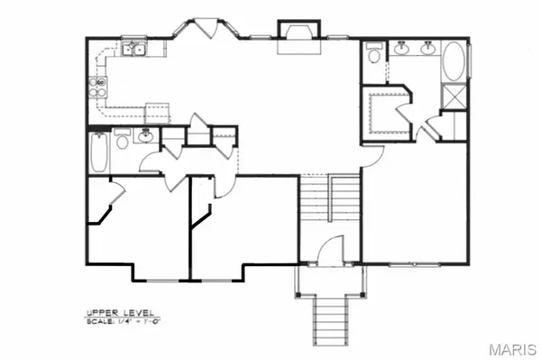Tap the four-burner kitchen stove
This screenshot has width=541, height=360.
pyautogui.click(x=97, y=88)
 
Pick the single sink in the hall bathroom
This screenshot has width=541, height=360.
pyautogui.click(x=144, y=138)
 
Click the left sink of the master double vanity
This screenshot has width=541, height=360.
pyautogui.click(x=402, y=51)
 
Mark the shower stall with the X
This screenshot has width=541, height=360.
pyautogui.click(x=454, y=96)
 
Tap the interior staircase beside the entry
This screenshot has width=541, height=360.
pyautogui.click(x=329, y=212)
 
